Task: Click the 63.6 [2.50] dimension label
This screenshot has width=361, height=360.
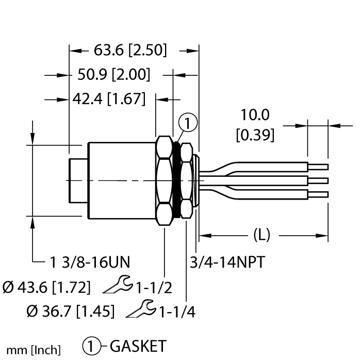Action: pos(130,51)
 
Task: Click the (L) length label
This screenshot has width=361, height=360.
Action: pos(262,236)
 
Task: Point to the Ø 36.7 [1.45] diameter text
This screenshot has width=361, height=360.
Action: pos(71,311)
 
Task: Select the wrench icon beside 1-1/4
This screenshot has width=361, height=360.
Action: pos(143,309)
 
